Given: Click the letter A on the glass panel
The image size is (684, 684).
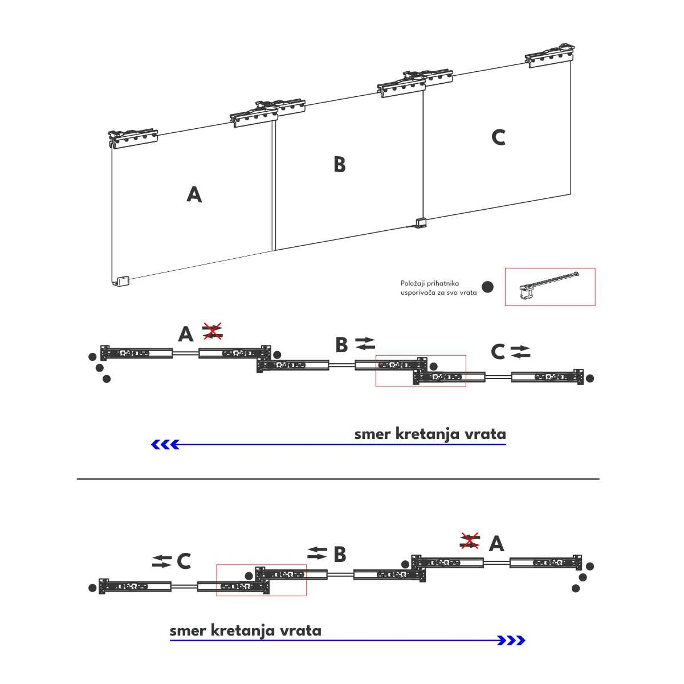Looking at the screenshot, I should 194,195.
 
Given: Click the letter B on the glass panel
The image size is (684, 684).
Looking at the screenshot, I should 340,165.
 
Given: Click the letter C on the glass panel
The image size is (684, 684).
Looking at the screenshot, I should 498,137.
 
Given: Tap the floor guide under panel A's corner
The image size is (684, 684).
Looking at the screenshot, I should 122,281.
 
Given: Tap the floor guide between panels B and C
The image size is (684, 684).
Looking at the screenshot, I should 420,222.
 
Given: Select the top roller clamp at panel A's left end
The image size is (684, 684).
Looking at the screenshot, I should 132,137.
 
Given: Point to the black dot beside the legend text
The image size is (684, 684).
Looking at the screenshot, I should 487,287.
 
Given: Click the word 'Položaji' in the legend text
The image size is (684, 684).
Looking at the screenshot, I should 414,283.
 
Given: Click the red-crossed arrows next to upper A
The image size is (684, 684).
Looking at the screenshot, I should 213,331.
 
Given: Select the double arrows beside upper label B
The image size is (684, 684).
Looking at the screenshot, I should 365,343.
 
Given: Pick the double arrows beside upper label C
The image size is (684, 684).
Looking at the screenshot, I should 520,352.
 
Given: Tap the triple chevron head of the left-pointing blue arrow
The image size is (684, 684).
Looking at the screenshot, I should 165,445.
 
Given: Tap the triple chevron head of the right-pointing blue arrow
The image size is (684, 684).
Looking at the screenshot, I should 511,641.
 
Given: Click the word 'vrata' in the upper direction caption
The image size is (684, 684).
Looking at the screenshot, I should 485,434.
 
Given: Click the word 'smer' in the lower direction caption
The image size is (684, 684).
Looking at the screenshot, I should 188,630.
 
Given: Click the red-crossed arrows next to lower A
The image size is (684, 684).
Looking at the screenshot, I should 470,540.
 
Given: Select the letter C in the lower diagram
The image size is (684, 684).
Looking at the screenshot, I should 184,561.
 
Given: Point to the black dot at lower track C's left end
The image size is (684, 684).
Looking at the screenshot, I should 92,588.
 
